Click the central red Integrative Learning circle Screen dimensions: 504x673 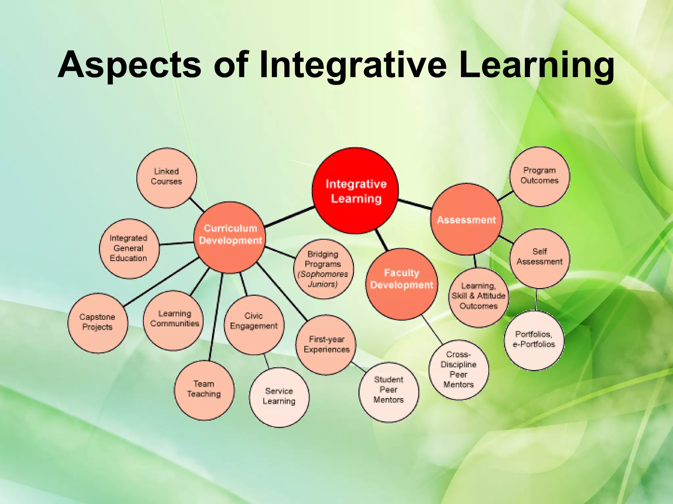pos(355,191)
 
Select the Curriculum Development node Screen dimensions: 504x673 pos(230,237)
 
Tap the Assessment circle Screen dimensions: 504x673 pos(466,219)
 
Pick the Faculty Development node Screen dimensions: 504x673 pos(402,284)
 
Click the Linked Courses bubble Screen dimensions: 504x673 pos(167,178)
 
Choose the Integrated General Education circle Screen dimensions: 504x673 pos(129,248)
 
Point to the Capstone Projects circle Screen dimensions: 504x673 pos(98,323)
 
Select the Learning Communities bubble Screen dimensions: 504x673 pos(174,320)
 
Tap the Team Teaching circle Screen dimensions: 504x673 pos(204,390)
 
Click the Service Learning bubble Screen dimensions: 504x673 pos(279,397)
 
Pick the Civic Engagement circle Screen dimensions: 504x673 pos(254,325)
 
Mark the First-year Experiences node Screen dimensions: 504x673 pos(326,345)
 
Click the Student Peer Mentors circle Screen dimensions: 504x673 pos(389,392)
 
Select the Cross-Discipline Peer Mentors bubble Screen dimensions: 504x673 pos(459,370)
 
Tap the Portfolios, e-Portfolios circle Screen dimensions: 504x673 pos(534,340)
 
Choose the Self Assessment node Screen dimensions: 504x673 pos(540,258)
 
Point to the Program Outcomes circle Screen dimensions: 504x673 pos(540,176)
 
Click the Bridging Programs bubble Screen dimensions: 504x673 pos(323,269)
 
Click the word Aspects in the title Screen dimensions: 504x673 pos(129,65)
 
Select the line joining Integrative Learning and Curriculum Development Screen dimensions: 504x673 pos(289,217)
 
